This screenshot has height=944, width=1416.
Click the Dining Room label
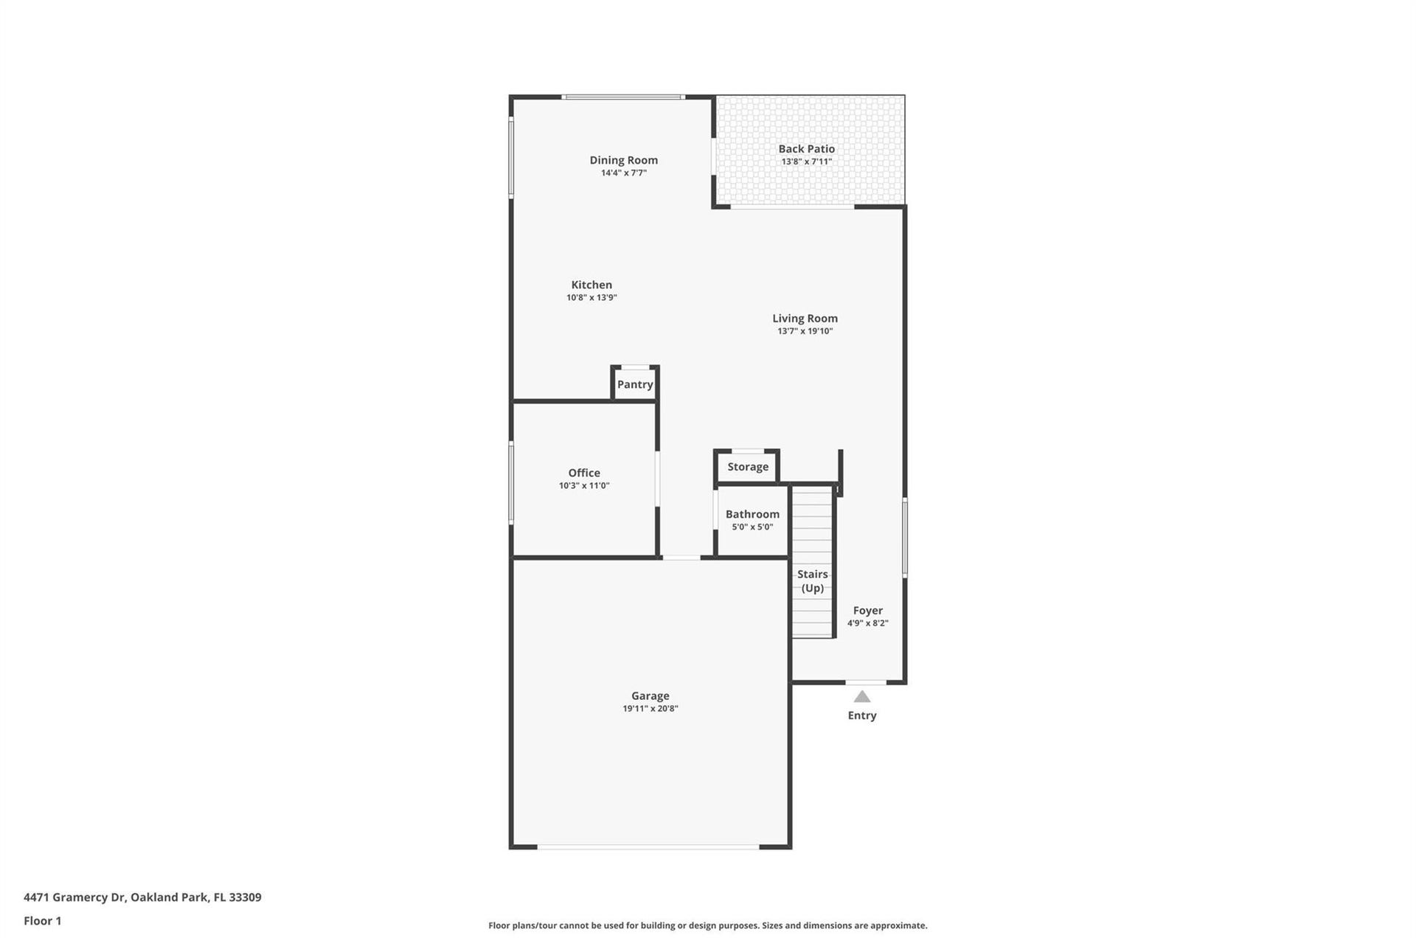623,160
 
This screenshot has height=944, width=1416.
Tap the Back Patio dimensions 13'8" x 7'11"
807,162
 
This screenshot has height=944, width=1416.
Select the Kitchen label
591,285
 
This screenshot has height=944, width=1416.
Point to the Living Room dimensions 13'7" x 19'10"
805,331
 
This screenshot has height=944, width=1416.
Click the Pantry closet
635,383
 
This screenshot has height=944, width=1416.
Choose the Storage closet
747,467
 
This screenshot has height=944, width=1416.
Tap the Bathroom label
752,514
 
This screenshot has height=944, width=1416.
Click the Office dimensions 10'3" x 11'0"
584,485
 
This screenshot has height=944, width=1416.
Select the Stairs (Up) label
813,581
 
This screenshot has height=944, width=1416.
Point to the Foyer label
868,611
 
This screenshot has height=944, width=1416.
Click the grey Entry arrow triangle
862,697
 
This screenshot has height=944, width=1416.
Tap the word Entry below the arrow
862,715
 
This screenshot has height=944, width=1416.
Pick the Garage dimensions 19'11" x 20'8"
650,709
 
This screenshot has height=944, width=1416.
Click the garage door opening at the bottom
648,847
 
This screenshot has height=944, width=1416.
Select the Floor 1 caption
43,920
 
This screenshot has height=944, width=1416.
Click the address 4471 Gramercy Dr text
75,898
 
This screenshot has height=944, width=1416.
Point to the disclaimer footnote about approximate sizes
708,926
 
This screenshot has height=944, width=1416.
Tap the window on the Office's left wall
511,483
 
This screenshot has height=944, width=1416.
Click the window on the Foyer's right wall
905,537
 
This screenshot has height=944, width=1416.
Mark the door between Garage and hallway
681,558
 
